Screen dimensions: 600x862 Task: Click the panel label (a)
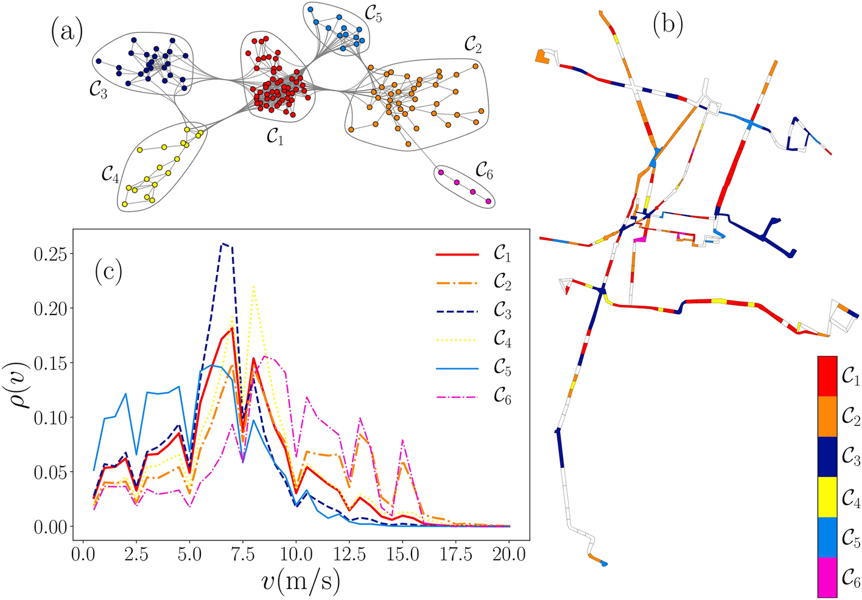tap(67, 32)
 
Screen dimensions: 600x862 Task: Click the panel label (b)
tap(668, 24)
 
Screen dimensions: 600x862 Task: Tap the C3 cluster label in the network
tap(96, 91)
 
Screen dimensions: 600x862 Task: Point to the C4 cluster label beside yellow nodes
tap(110, 175)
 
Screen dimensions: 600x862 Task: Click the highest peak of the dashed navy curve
tap(224, 243)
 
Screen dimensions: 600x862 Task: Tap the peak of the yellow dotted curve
tap(253, 286)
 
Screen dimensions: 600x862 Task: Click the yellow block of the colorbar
tap(827, 497)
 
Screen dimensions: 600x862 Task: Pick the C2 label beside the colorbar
tap(850, 416)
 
